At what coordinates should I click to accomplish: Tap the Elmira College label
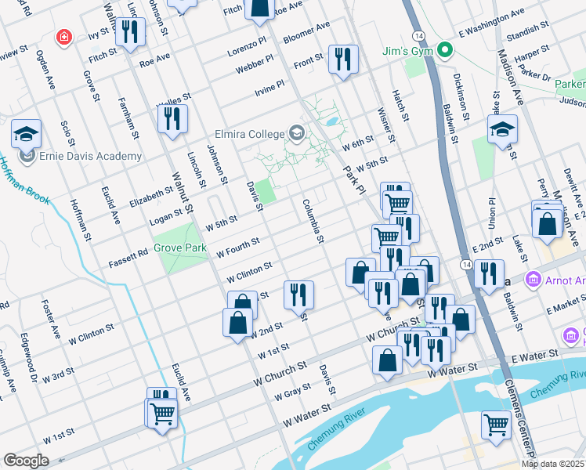click(x=251, y=133)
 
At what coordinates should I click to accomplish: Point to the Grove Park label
click(x=179, y=248)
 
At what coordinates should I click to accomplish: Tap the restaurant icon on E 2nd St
click(x=488, y=273)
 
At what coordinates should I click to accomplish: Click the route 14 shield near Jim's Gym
click(x=420, y=37)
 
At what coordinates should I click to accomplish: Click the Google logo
click(x=26, y=461)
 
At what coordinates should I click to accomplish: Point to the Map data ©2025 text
click(x=553, y=464)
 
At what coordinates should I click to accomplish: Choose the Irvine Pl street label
click(x=269, y=92)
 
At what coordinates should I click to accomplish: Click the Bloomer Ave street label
click(x=306, y=36)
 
